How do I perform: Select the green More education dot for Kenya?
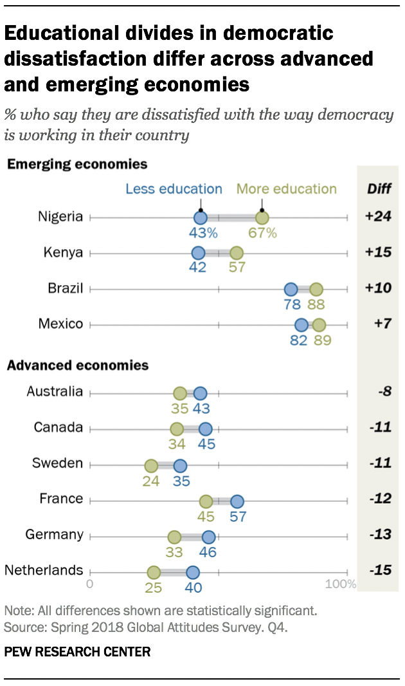click(x=237, y=253)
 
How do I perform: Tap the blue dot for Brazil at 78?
click(x=291, y=289)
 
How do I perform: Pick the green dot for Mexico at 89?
click(x=319, y=324)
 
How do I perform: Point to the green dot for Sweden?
click(x=151, y=465)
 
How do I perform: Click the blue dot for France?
click(x=237, y=501)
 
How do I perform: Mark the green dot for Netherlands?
click(x=154, y=572)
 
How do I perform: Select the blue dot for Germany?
click(x=208, y=536)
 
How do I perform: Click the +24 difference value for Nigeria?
click(x=378, y=217)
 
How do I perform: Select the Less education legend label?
click(x=174, y=189)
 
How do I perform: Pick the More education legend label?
click(x=287, y=189)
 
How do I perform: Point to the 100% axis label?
click(x=340, y=584)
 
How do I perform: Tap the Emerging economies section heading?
click(x=77, y=164)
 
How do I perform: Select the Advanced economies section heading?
click(x=78, y=366)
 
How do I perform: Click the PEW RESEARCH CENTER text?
click(x=77, y=652)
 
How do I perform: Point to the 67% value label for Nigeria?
click(x=262, y=233)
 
